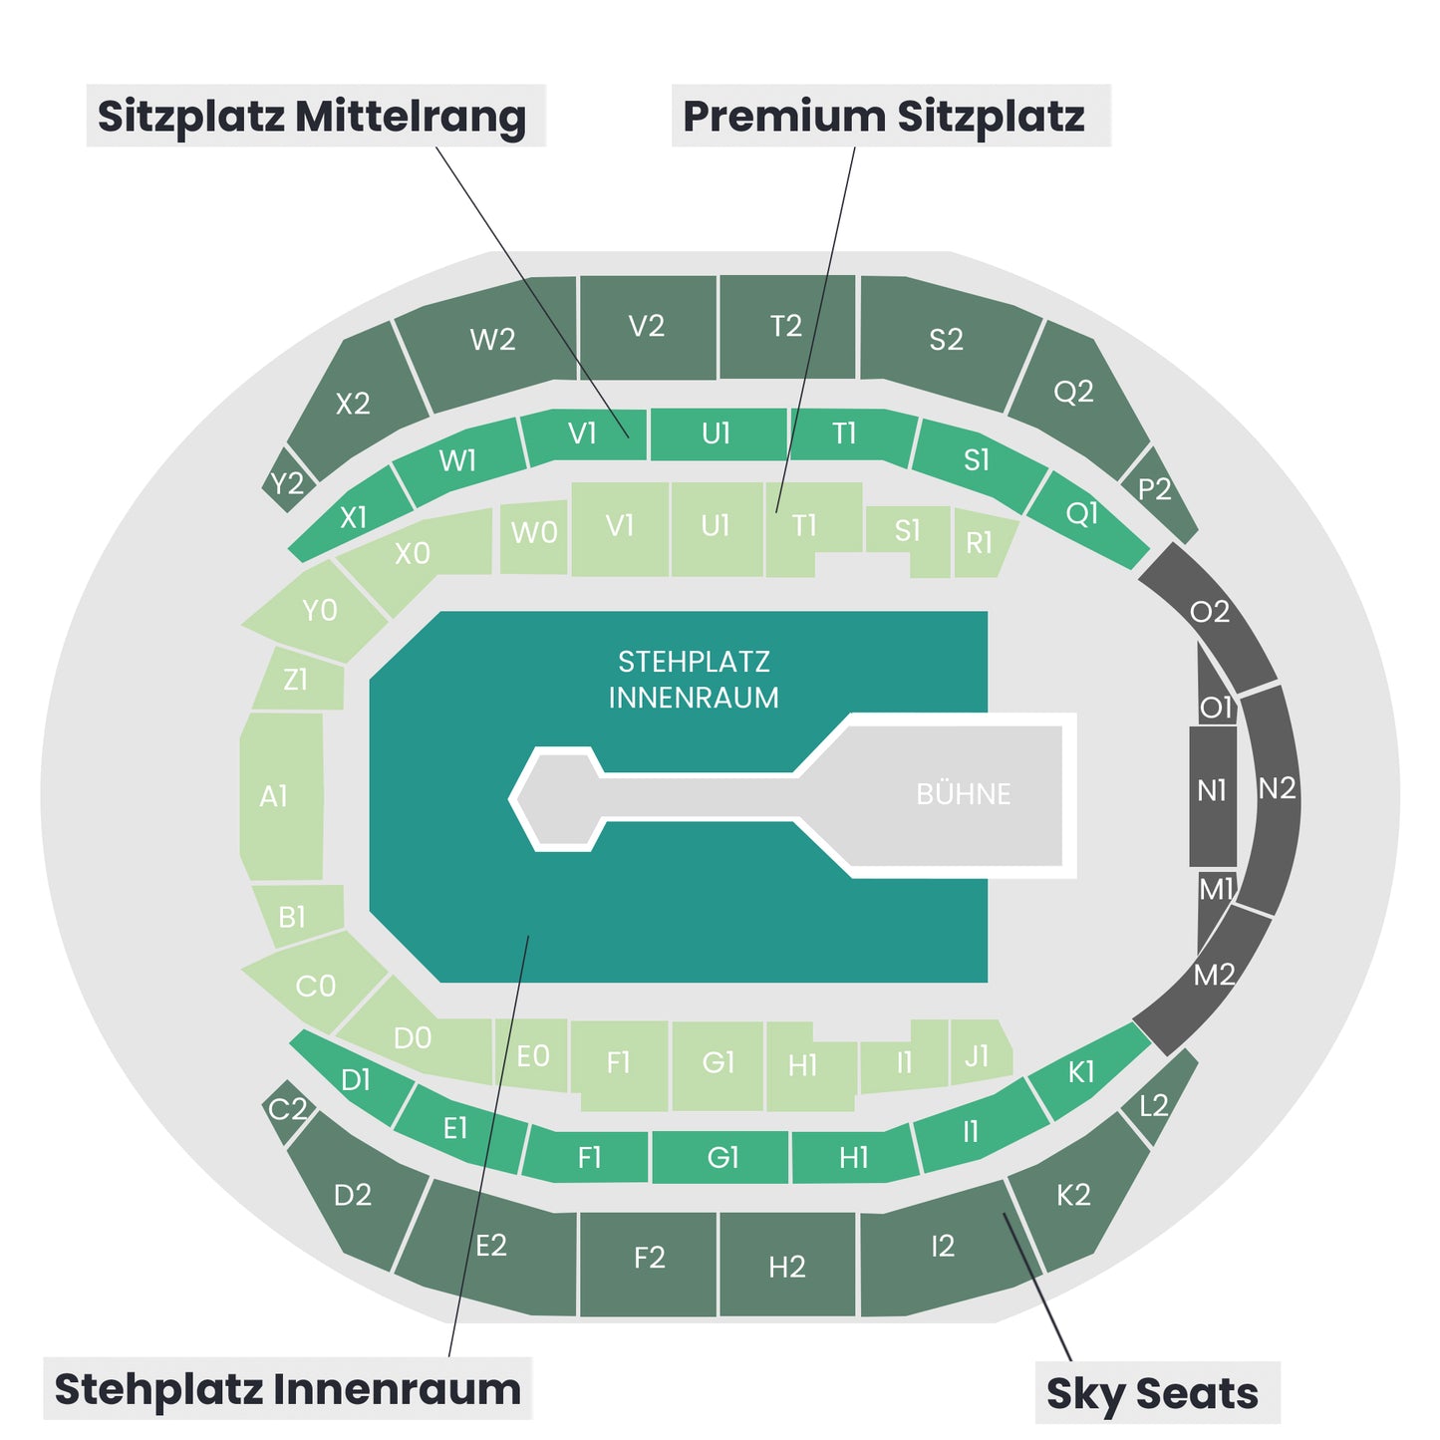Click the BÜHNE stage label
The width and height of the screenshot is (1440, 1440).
[x=963, y=793]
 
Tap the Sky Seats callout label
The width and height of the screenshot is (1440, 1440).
[x=1152, y=1394]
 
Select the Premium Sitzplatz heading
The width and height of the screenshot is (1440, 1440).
[x=883, y=117]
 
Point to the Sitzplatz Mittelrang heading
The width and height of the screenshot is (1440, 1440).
[x=312, y=117]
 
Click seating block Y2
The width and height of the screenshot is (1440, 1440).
[x=287, y=482]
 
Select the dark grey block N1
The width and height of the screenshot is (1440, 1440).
[x=1212, y=795]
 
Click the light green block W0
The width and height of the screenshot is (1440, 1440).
[x=533, y=536]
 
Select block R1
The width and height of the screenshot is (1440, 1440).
[x=984, y=542]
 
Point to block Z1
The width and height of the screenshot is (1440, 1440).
[x=299, y=679]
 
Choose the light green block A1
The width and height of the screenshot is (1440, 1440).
[x=281, y=796]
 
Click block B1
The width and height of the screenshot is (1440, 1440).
[x=297, y=916]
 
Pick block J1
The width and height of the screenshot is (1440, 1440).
[x=981, y=1052]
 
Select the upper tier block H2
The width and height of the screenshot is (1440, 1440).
[x=787, y=1266]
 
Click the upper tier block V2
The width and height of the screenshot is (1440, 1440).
[x=647, y=327]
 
